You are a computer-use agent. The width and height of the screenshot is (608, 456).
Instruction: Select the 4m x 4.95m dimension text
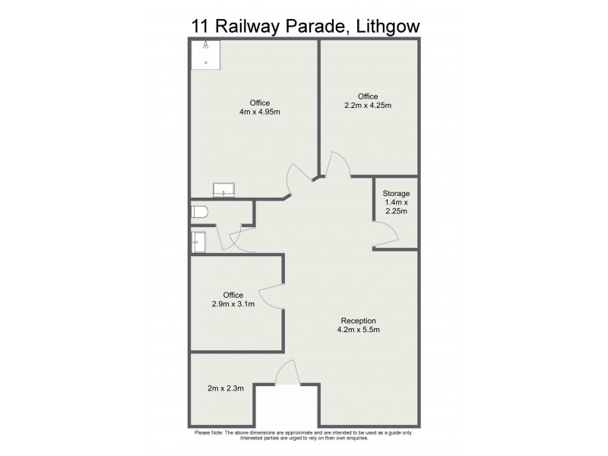(260, 112)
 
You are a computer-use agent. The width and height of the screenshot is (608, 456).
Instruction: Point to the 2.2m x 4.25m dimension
(368, 106)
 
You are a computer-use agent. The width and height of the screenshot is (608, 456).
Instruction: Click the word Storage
(395, 194)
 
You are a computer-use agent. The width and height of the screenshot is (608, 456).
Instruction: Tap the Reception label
(358, 320)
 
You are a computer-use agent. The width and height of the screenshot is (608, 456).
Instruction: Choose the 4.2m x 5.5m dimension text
(358, 330)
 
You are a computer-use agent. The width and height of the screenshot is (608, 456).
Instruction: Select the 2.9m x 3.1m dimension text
(233, 304)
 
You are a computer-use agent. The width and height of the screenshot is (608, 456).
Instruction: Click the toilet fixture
(198, 212)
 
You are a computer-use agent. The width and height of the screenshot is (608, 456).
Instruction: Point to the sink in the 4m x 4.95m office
(224, 189)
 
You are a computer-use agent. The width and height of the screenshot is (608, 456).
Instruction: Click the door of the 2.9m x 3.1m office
(270, 293)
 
